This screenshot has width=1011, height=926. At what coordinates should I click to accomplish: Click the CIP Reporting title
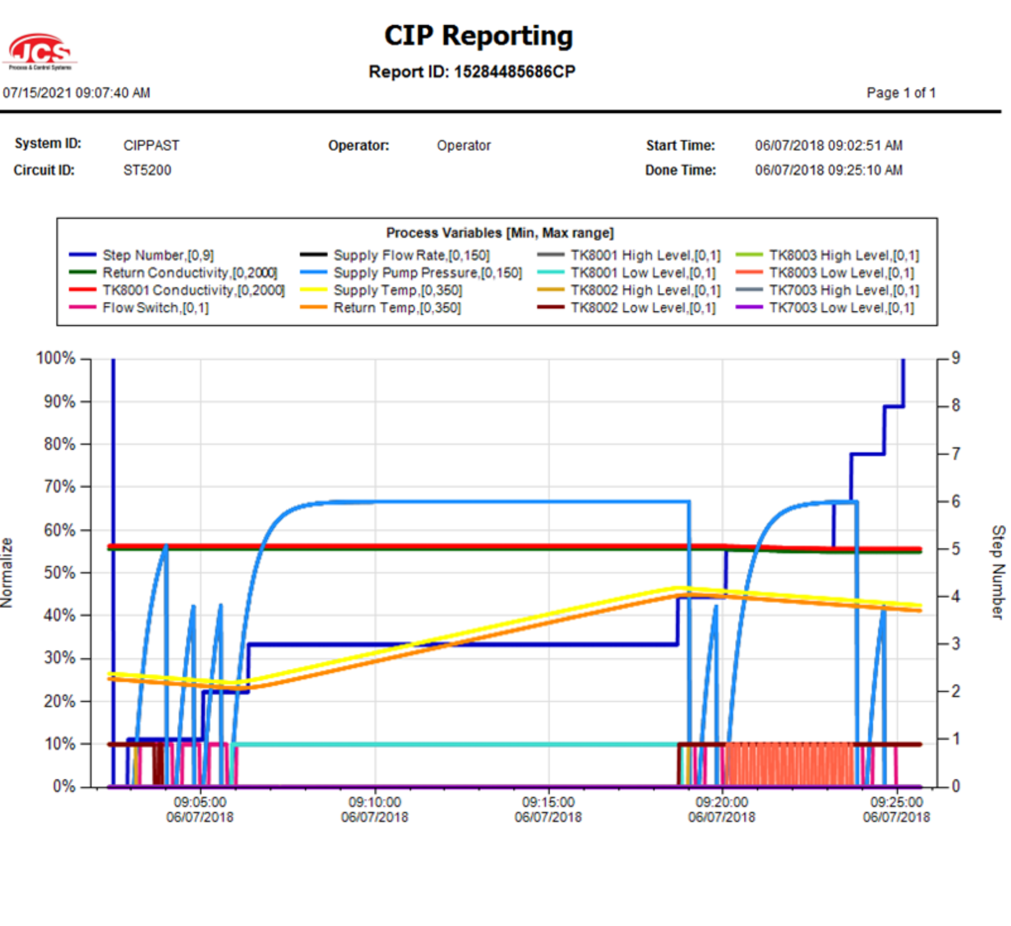tap(478, 36)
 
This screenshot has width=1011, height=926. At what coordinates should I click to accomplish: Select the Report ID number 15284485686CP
tap(514, 72)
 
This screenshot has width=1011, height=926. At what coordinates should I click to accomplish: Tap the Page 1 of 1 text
tap(901, 93)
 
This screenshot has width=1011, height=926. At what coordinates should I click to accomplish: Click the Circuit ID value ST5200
tap(147, 170)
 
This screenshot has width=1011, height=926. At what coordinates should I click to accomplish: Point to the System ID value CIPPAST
tap(151, 145)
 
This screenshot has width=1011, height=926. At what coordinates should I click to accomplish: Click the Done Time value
tap(829, 170)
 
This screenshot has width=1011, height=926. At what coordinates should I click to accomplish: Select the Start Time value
tap(829, 145)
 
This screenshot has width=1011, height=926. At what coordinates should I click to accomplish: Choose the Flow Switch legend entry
tap(155, 308)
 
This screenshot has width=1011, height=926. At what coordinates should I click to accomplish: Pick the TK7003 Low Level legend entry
tap(842, 308)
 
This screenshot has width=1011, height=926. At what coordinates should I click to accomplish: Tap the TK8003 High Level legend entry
tap(844, 255)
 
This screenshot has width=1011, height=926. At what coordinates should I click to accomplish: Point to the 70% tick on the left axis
tap(60, 487)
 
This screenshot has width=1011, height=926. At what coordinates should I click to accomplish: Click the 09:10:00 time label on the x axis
tap(374, 802)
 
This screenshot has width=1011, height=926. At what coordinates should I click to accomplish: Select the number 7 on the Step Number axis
tap(956, 454)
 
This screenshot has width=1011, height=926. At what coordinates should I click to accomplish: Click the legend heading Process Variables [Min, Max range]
tap(500, 233)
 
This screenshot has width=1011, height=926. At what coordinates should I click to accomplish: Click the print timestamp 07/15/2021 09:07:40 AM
tap(76, 93)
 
